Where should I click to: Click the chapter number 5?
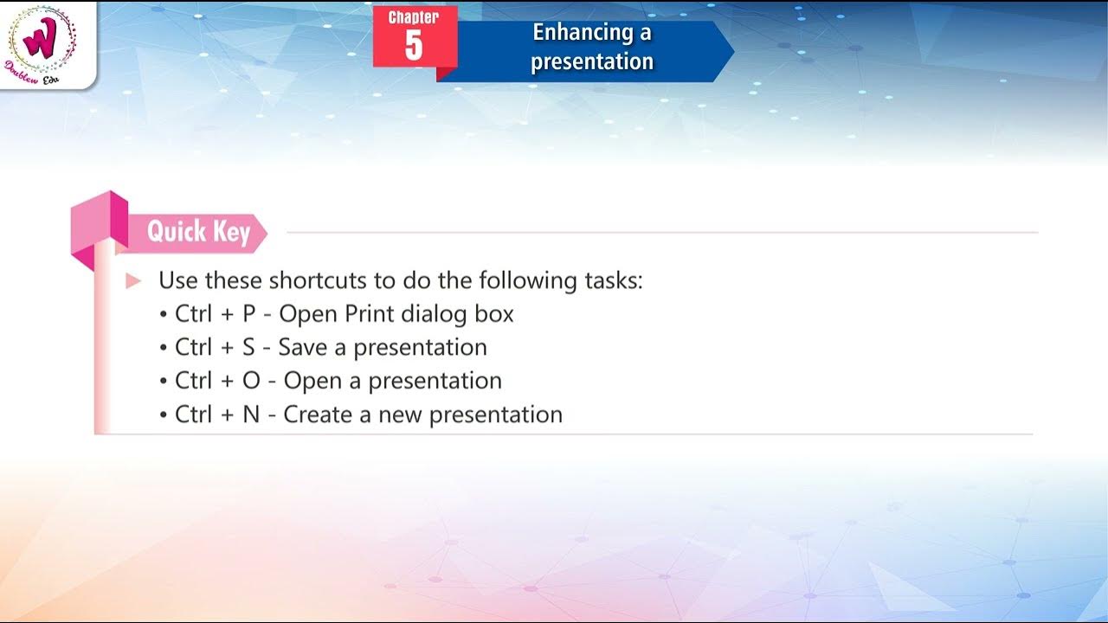click(414, 45)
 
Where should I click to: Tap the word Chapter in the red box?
click(414, 17)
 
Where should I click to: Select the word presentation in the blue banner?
click(592, 61)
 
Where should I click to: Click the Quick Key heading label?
click(198, 232)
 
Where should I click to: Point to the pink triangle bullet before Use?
click(133, 280)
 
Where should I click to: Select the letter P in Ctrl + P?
click(249, 314)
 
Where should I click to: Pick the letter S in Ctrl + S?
click(249, 348)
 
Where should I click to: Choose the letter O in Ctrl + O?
click(251, 381)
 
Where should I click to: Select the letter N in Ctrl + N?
click(251, 414)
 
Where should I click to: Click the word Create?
click(318, 414)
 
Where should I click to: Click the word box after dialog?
click(494, 314)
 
